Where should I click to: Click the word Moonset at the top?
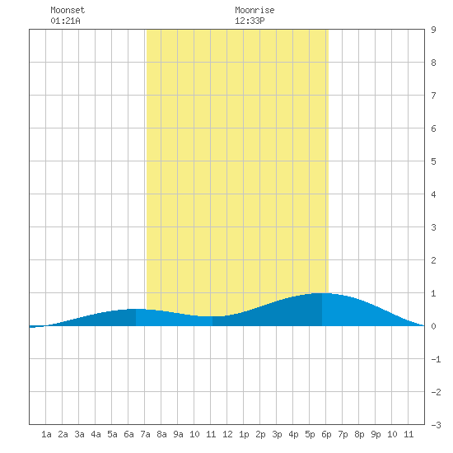[x=68, y=10]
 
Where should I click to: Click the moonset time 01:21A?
[x=65, y=21]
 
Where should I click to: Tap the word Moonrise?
[x=255, y=10]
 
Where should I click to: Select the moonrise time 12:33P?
[x=250, y=21]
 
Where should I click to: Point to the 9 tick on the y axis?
[x=433, y=30]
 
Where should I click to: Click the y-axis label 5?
[x=433, y=161]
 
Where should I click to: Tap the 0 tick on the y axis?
[x=433, y=326]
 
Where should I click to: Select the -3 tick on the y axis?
[x=436, y=425]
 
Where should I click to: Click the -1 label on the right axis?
[x=436, y=359]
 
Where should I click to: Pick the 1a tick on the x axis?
[x=46, y=434]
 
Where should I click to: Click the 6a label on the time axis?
[x=128, y=434]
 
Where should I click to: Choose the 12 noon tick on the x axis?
[x=227, y=434]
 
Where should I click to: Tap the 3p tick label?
[x=277, y=434]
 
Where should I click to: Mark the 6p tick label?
[x=326, y=434]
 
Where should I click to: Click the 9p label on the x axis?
[x=376, y=434]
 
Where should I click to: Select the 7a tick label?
[x=145, y=434]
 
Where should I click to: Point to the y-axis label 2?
[x=433, y=260]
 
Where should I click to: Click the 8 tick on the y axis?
[x=433, y=63]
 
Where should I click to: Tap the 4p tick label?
[x=293, y=434]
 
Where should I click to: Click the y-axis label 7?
[x=433, y=96]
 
